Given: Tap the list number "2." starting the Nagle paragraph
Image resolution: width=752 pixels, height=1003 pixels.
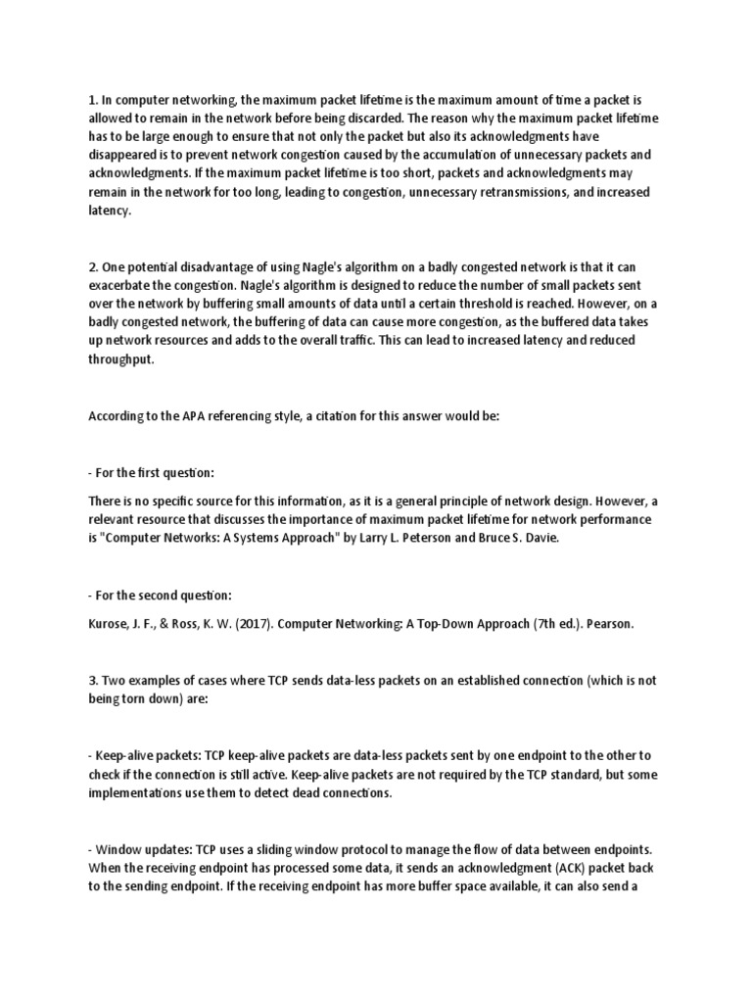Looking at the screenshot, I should click(x=93, y=267).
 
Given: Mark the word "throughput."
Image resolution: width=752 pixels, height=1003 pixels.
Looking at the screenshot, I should click(x=121, y=359).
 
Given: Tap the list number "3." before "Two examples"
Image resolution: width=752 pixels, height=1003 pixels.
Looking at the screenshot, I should click(x=93, y=678).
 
